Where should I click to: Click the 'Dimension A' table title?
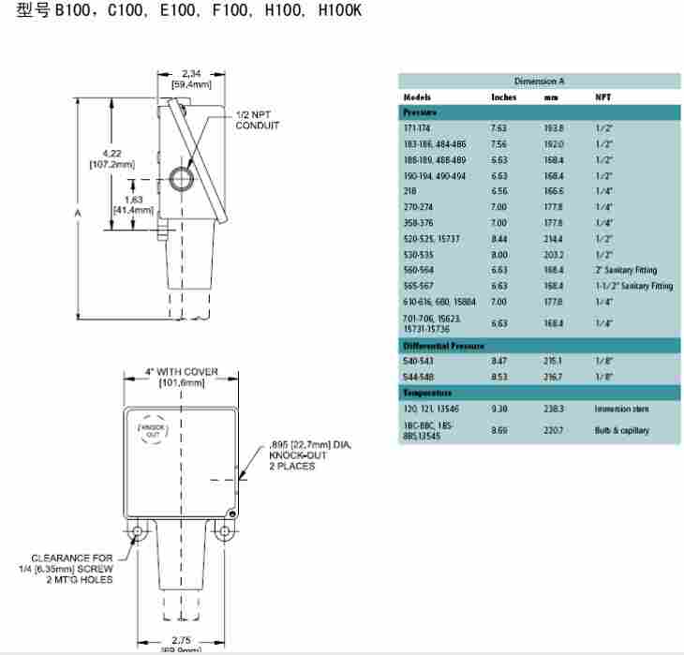539,82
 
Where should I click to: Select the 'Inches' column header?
503,97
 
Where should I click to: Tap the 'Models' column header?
417,97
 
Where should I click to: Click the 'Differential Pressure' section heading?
443,346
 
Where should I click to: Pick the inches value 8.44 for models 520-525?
499,238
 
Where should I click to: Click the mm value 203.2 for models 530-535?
554,254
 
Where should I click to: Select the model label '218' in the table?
409,190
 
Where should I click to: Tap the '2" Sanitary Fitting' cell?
626,270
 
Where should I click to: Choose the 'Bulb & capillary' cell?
621,430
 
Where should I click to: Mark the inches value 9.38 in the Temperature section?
499,409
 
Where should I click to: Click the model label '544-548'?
418,377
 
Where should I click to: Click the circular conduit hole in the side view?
181,176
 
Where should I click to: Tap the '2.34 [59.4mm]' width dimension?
191,79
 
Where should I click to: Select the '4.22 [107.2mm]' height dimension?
112,159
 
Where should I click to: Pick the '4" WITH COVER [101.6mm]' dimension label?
181,377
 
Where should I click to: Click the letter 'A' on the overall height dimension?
78,214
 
